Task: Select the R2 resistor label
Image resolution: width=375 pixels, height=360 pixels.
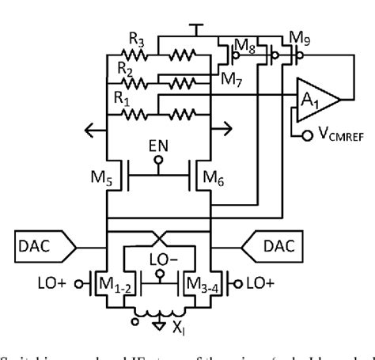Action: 116,68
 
